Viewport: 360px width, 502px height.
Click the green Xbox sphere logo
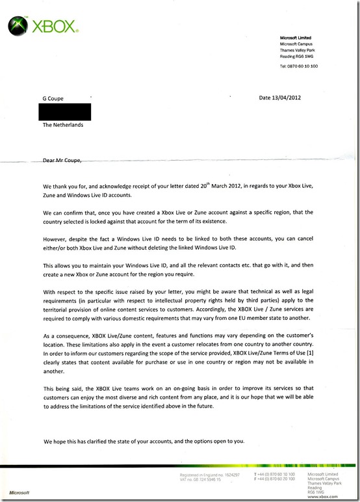click(18, 26)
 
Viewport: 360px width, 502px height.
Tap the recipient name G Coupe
click(53, 99)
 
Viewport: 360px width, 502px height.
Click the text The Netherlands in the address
click(63, 125)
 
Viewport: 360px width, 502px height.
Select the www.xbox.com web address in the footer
click(319, 496)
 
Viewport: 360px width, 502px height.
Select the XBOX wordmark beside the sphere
click(55, 28)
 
